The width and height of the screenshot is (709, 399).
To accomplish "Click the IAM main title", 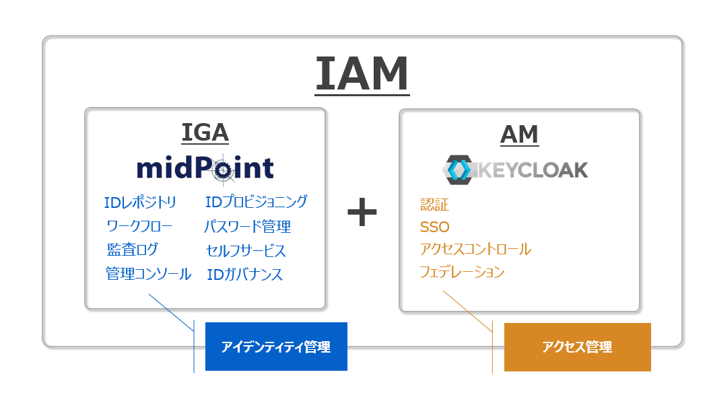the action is pos(362,74).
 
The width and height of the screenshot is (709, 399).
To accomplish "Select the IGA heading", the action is pos(205,133).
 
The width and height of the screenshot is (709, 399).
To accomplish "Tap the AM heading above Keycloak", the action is pos(520,135).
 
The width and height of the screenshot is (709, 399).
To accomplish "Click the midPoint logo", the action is pos(205,169).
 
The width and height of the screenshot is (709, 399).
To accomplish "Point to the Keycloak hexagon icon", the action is pos(459,170).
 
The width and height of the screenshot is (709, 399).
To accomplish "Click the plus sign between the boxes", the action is pos(362,212).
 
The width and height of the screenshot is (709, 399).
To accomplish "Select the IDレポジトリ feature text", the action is pos(140,203).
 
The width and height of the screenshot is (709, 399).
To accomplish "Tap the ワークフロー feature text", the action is pos(139,226).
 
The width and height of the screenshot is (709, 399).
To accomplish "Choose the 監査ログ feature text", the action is pos(133,250).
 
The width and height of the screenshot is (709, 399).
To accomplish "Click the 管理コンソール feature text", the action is pos(148,273).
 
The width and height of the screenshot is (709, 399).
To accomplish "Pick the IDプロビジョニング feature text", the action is pos(257,202).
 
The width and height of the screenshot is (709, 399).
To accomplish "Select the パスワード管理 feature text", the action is pos(247,226).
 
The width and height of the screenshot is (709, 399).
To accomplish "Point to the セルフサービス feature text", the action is pos(246,250).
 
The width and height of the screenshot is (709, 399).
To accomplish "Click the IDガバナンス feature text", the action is pos(244,275).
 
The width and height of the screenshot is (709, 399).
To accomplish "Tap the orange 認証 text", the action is pos(434,205).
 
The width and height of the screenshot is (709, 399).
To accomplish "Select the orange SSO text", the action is pos(434,227).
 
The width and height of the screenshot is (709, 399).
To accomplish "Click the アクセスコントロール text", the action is pos(475,249).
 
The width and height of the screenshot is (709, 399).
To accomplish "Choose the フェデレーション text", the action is pos(462,272).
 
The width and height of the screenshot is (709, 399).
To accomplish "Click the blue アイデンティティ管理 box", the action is pos(276,347).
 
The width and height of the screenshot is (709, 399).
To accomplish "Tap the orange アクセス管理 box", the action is pos(578,347).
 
